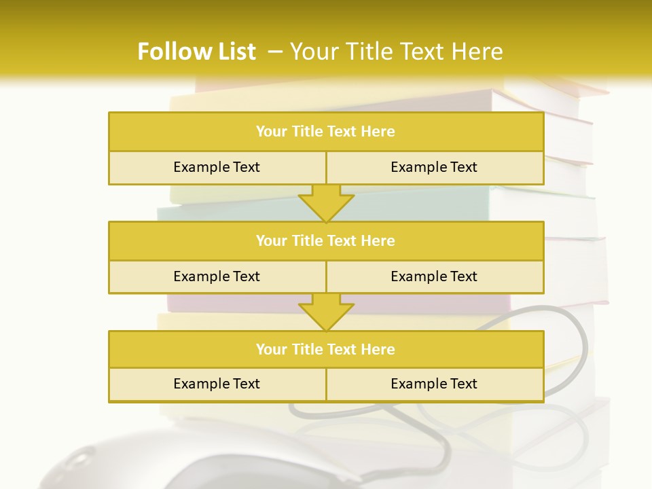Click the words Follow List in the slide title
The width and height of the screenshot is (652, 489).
(196, 52)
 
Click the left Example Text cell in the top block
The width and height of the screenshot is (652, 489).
(217, 168)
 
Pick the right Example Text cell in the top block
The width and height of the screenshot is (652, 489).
(434, 168)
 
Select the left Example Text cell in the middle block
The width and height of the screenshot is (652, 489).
(217, 277)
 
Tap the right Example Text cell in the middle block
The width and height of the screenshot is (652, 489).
(434, 277)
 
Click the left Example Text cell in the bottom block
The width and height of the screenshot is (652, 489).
(217, 384)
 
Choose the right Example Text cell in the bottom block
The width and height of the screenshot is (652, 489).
(434, 384)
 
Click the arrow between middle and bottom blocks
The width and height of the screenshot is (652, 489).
(326, 312)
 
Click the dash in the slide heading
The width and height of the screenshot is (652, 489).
(275, 52)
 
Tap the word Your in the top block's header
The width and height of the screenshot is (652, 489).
(272, 132)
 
